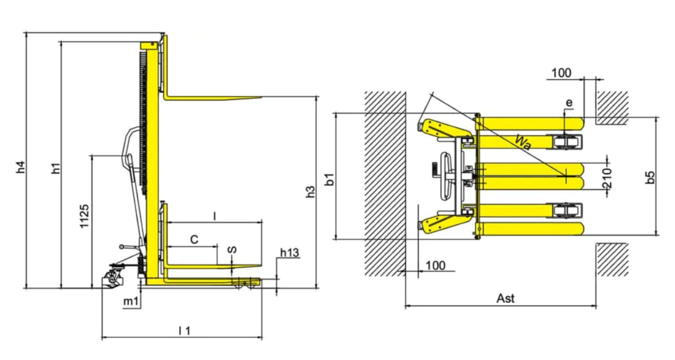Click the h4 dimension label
point(21,167)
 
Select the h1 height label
point(56,168)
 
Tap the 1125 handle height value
point(85,216)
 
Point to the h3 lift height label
point(310,192)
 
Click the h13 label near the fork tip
point(290,253)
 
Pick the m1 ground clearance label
point(131,301)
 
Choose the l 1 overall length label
point(184,331)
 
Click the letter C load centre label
point(194,239)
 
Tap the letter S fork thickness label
point(232,250)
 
